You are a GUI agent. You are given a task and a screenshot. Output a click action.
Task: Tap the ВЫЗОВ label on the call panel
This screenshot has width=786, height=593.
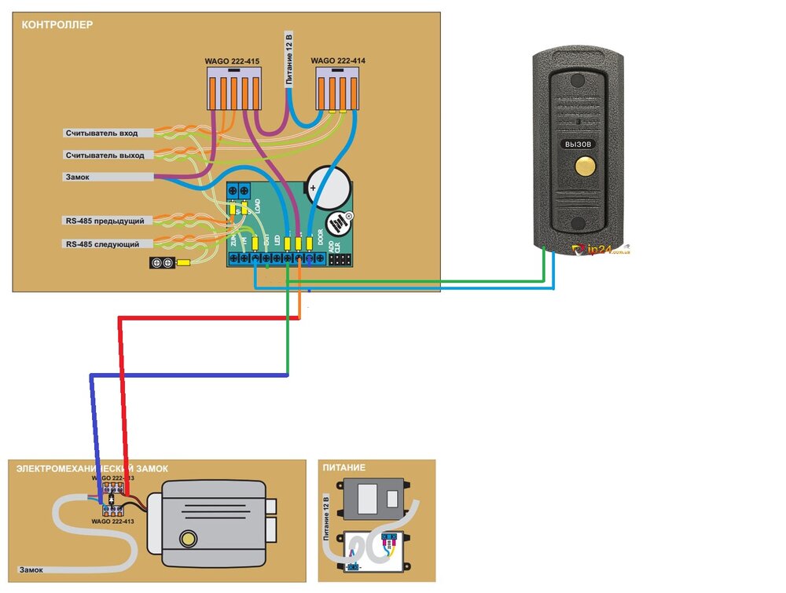click(x=578, y=145)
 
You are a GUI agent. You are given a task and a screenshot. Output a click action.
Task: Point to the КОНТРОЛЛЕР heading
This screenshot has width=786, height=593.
click(x=57, y=25)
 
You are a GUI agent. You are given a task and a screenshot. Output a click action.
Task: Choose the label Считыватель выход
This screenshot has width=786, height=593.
click(x=105, y=156)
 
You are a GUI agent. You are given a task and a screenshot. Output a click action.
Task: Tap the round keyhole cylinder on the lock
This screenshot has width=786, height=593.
click(x=189, y=539)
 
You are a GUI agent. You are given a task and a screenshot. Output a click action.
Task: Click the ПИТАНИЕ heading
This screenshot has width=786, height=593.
click(x=343, y=468)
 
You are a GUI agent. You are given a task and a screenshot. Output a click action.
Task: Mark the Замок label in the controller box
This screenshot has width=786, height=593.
click(x=76, y=178)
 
